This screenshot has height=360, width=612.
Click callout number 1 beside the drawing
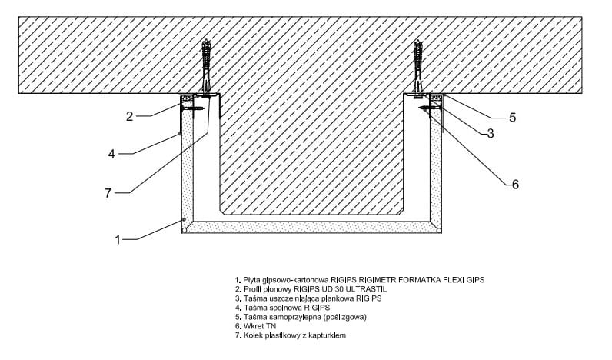[118, 240]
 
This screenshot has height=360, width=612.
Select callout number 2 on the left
[130, 116]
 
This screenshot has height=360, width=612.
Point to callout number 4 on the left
[111, 154]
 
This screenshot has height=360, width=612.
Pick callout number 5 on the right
[512, 118]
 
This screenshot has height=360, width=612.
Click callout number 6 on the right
[516, 184]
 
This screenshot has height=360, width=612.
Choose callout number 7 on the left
[108, 193]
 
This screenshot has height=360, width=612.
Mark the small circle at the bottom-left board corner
[185, 228]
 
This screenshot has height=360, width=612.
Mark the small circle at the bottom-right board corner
[438, 228]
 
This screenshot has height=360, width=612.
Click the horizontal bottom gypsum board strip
[311, 228]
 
